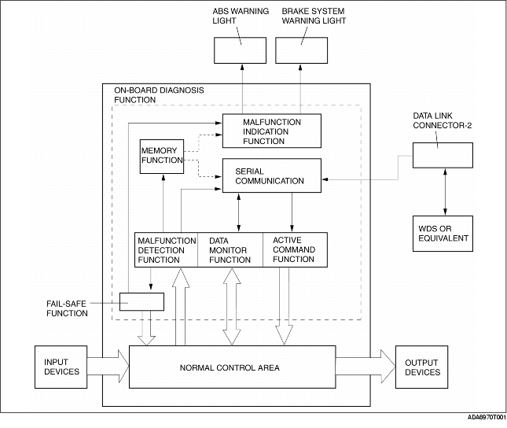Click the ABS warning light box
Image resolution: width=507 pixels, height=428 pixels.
240,50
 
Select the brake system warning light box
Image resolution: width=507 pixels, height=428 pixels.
301,50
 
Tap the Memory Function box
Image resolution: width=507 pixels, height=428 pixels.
162,157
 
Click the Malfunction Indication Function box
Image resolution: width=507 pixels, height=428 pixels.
272,131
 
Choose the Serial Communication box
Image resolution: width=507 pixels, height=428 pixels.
272,175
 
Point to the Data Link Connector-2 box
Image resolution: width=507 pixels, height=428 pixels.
443,156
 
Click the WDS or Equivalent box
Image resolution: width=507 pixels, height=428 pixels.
443,234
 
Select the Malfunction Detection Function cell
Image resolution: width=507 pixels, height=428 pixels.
166,249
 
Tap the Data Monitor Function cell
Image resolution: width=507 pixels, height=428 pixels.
230,249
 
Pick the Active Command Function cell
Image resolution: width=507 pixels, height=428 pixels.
295,249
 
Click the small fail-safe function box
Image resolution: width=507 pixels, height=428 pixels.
141,302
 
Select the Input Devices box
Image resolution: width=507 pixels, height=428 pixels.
61,367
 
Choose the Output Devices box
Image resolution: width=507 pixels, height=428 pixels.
421,367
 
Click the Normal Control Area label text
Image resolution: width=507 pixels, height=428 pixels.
230,367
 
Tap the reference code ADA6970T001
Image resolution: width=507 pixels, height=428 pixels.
487,417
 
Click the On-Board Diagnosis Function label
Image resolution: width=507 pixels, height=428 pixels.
159,95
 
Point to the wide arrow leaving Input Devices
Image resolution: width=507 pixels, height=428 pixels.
108,366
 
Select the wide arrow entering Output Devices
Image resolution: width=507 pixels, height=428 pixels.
366,366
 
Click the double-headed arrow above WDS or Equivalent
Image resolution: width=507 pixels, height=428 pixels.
445,192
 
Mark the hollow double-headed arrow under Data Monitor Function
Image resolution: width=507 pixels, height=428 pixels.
232,307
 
